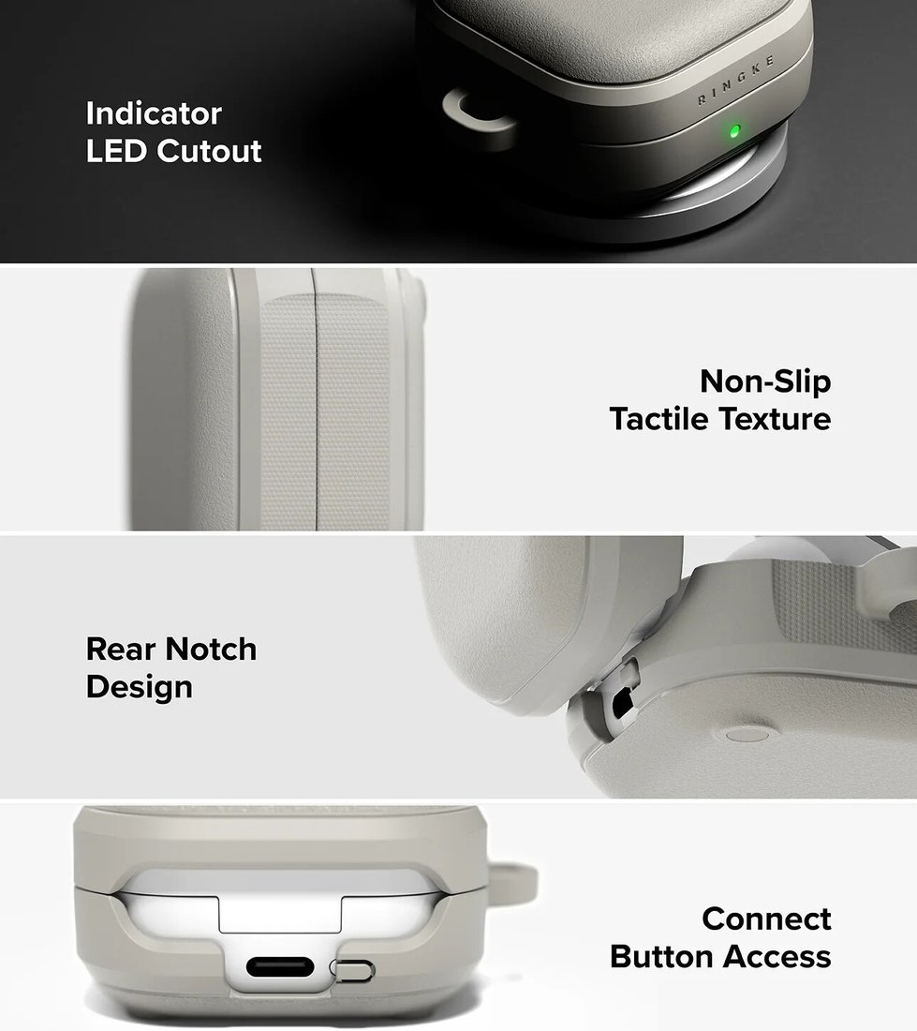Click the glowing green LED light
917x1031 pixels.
(735, 130)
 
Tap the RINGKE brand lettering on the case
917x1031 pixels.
(735, 81)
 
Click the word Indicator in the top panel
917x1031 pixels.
(154, 113)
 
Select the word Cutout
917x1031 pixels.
(210, 151)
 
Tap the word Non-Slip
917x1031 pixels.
(765, 382)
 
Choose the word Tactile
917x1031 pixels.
(658, 419)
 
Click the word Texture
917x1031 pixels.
(775, 419)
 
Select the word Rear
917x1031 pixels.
(121, 649)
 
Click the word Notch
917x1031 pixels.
(211, 649)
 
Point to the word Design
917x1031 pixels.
(140, 688)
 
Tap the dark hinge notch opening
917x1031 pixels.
(621, 705)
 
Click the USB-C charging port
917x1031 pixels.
(279, 967)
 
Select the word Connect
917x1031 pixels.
(766, 919)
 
